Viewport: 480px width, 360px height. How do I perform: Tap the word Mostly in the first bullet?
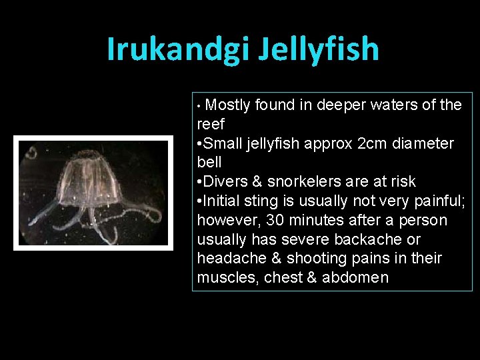[229, 105]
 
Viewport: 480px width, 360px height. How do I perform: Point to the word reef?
[211, 124]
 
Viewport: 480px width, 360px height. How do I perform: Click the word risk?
[402, 181]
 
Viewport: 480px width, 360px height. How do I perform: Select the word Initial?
[225, 201]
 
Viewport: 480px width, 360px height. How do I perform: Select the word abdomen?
[355, 277]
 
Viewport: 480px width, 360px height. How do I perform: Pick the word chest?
[283, 277]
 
